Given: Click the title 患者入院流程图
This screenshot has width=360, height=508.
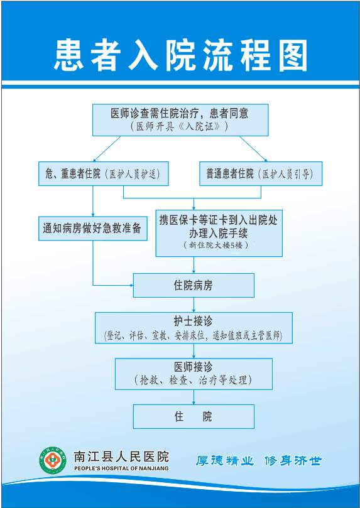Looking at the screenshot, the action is click(180, 55).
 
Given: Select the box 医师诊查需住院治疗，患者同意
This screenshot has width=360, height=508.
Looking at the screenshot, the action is click(180, 120).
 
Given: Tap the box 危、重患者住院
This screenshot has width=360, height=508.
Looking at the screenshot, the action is click(104, 174).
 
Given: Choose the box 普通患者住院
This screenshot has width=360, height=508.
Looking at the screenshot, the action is click(261, 174).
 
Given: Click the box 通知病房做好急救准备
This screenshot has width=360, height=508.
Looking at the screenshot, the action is click(93, 229).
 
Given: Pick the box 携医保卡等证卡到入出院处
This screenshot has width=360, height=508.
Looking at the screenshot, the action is click(219, 233).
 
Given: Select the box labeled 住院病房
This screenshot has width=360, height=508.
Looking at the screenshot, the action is click(194, 286).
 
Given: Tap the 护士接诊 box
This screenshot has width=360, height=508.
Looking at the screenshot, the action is click(194, 328).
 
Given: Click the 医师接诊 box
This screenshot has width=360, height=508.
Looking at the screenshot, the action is click(194, 374).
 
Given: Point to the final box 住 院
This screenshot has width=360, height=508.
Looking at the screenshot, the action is click(194, 416).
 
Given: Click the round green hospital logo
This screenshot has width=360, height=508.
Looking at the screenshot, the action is click(52, 460).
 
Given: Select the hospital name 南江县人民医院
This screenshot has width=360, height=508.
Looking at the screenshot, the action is click(121, 457).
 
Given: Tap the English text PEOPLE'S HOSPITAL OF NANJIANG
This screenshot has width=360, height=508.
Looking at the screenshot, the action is click(121, 468).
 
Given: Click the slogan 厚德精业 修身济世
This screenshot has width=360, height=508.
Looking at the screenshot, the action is click(259, 460).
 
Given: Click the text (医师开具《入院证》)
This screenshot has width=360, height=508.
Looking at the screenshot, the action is click(180, 126).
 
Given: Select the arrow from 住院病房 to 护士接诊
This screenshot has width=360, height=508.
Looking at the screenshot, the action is click(194, 305).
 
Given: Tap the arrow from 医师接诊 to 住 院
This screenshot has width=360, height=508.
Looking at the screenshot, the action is click(194, 397).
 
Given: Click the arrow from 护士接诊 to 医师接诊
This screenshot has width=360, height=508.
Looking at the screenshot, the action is click(194, 351).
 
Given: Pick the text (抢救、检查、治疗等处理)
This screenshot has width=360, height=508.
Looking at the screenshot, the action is click(194, 380).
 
